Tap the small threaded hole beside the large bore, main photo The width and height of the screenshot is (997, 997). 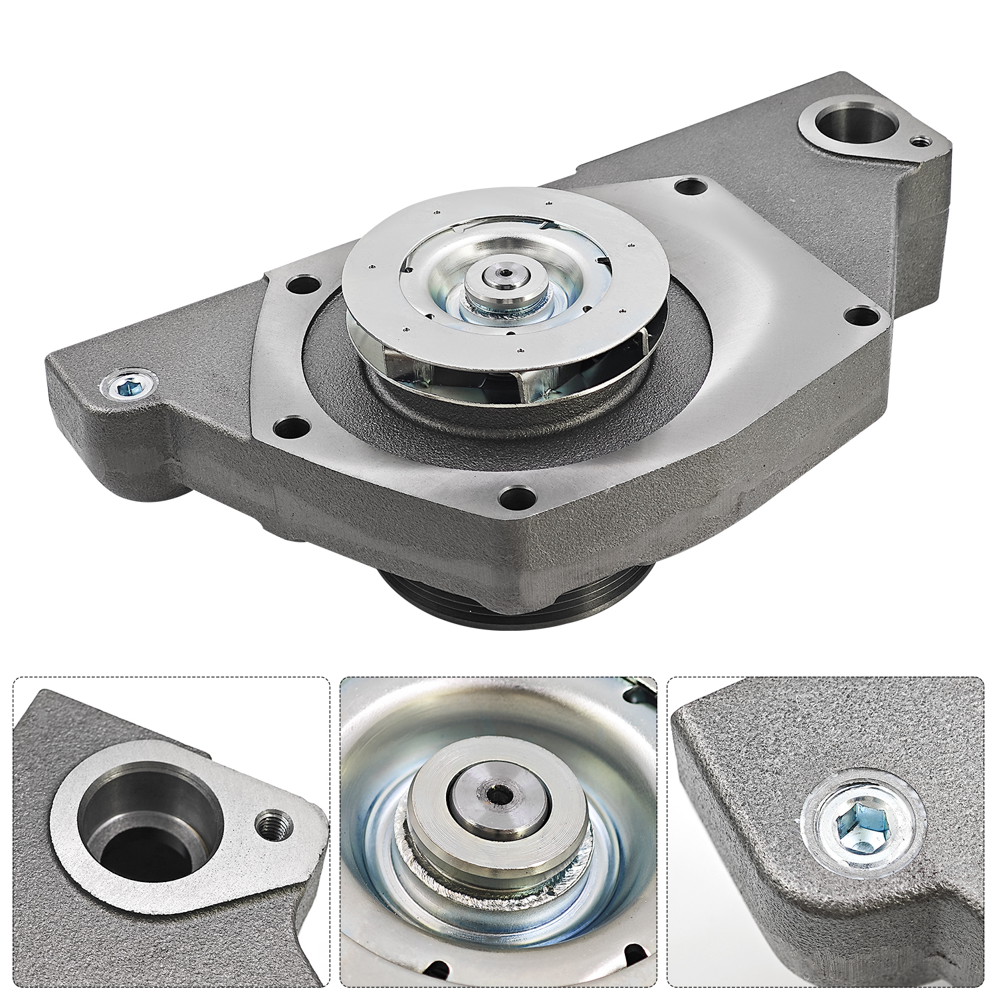coord(919,142)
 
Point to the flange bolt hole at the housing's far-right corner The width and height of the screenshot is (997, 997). coord(861,316)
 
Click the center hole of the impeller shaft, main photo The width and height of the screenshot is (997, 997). coord(505,273)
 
